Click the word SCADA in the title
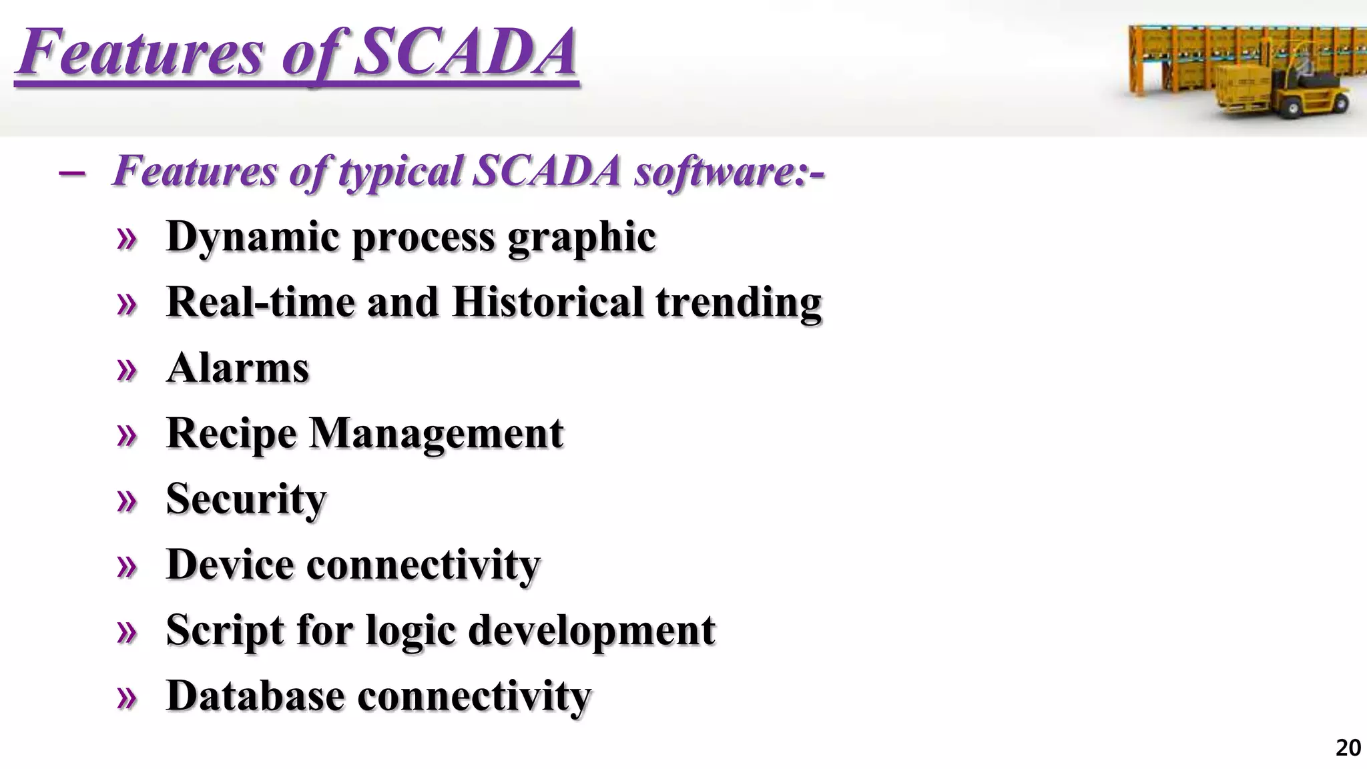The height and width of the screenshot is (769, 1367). click(465, 52)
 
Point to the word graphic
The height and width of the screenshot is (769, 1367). click(581, 237)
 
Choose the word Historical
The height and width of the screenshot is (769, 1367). click(547, 302)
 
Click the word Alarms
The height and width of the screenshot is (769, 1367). click(238, 368)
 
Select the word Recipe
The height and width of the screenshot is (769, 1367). click(231, 434)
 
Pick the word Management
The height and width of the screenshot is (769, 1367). click(437, 434)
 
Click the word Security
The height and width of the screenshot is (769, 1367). click(246, 499)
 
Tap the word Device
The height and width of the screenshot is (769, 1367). click(230, 565)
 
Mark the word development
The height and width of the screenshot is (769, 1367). click(591, 630)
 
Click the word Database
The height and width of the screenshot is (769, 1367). click(255, 696)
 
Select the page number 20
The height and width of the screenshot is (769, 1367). click(1348, 748)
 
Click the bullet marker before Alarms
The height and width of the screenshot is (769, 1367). click(126, 369)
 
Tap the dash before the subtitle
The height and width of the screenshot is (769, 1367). click(72, 174)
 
